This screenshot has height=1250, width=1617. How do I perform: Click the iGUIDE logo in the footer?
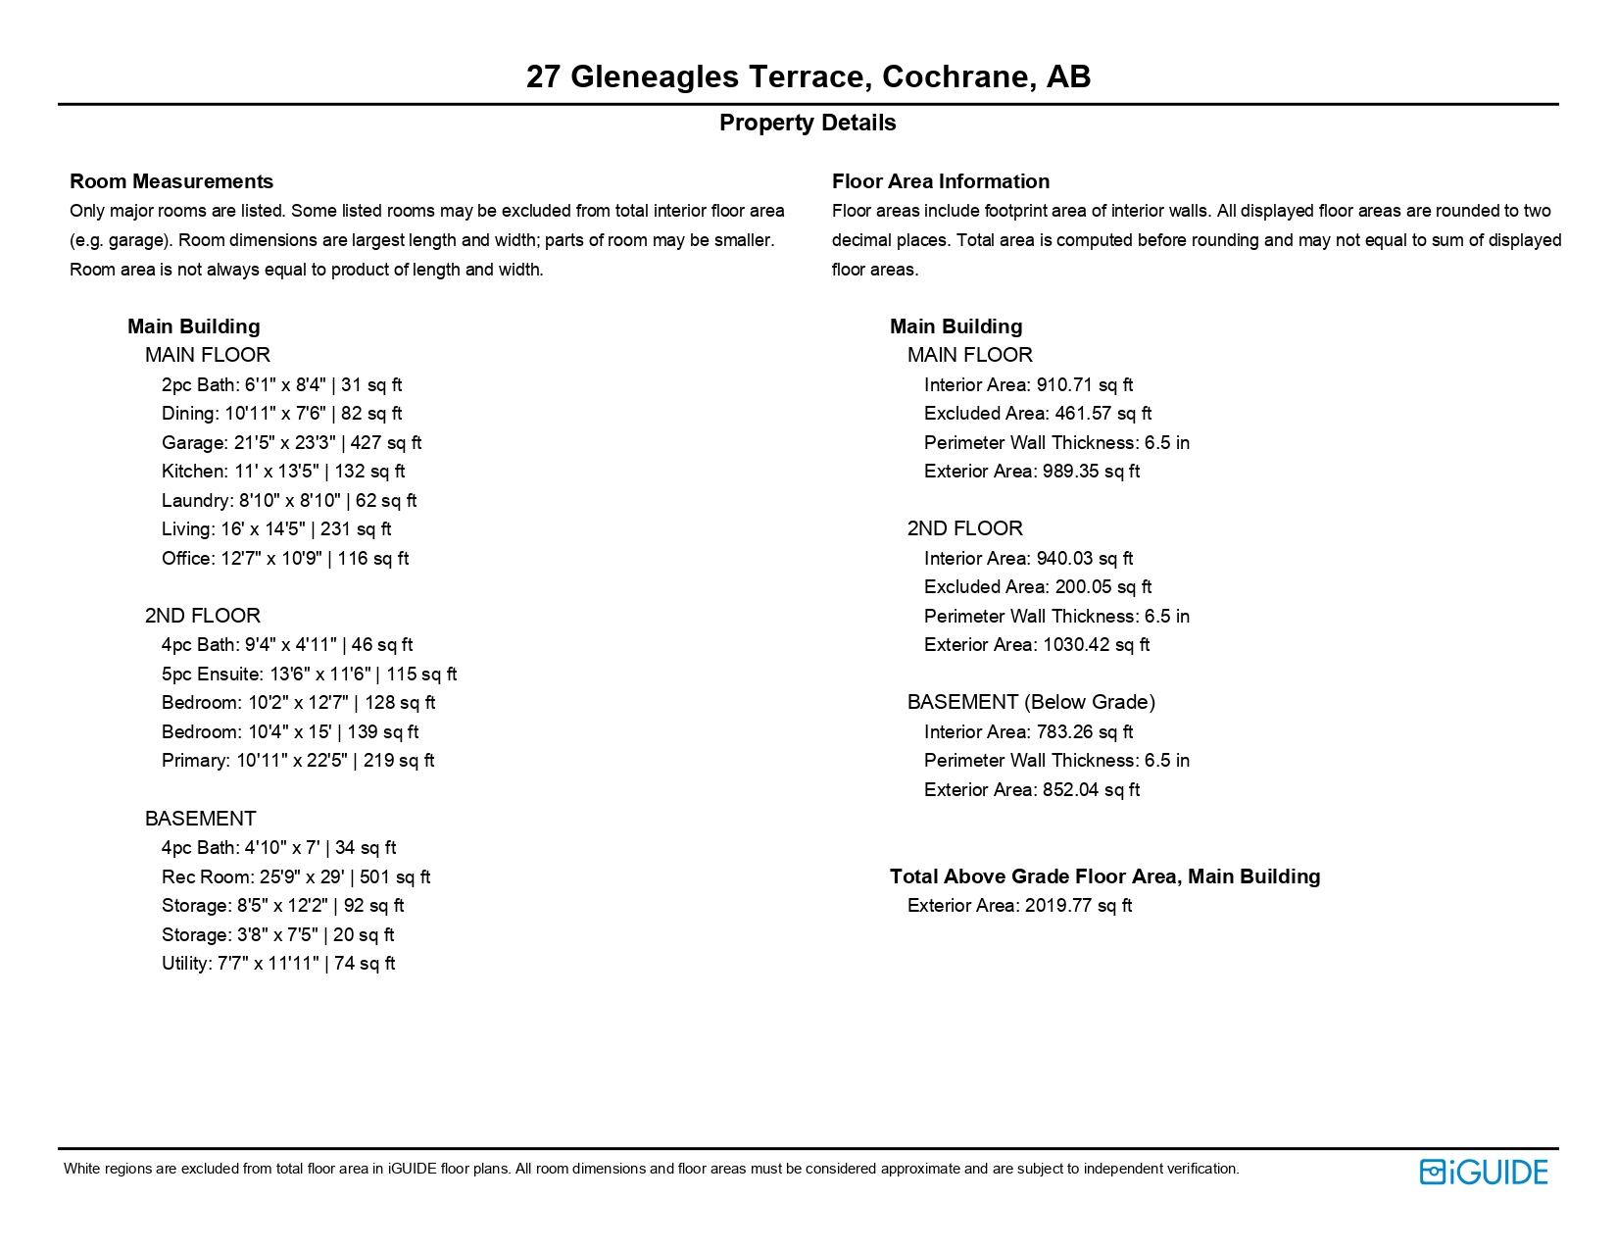point(1483,1172)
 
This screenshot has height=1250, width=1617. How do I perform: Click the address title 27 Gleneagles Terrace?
point(808,76)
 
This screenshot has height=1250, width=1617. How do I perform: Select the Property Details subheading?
point(808,124)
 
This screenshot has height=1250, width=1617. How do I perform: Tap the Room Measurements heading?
point(171,181)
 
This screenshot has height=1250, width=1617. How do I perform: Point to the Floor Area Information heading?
point(940,181)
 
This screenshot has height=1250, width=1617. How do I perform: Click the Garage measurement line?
point(291,443)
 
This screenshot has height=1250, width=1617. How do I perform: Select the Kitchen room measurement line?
point(283,472)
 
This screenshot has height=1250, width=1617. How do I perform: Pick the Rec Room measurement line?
point(295,877)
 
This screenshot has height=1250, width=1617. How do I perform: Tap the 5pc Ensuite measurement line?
point(309,675)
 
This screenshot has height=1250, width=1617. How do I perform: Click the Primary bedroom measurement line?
point(298,761)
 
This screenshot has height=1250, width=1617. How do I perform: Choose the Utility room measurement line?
point(278,964)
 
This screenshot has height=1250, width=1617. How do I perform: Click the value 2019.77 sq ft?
point(1078,906)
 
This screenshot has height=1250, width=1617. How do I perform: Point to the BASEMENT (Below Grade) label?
point(1031,702)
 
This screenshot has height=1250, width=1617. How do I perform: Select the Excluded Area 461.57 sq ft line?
point(1037,414)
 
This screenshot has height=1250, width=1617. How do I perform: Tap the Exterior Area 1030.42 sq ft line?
point(1037,645)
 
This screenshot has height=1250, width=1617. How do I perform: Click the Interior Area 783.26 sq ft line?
point(1028,732)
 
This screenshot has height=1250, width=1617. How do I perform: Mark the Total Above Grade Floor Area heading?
point(1104,876)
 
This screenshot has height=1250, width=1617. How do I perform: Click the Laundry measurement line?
point(289,501)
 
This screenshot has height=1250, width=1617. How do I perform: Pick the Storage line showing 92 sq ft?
point(282,906)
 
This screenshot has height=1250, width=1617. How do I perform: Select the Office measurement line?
point(285,559)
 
